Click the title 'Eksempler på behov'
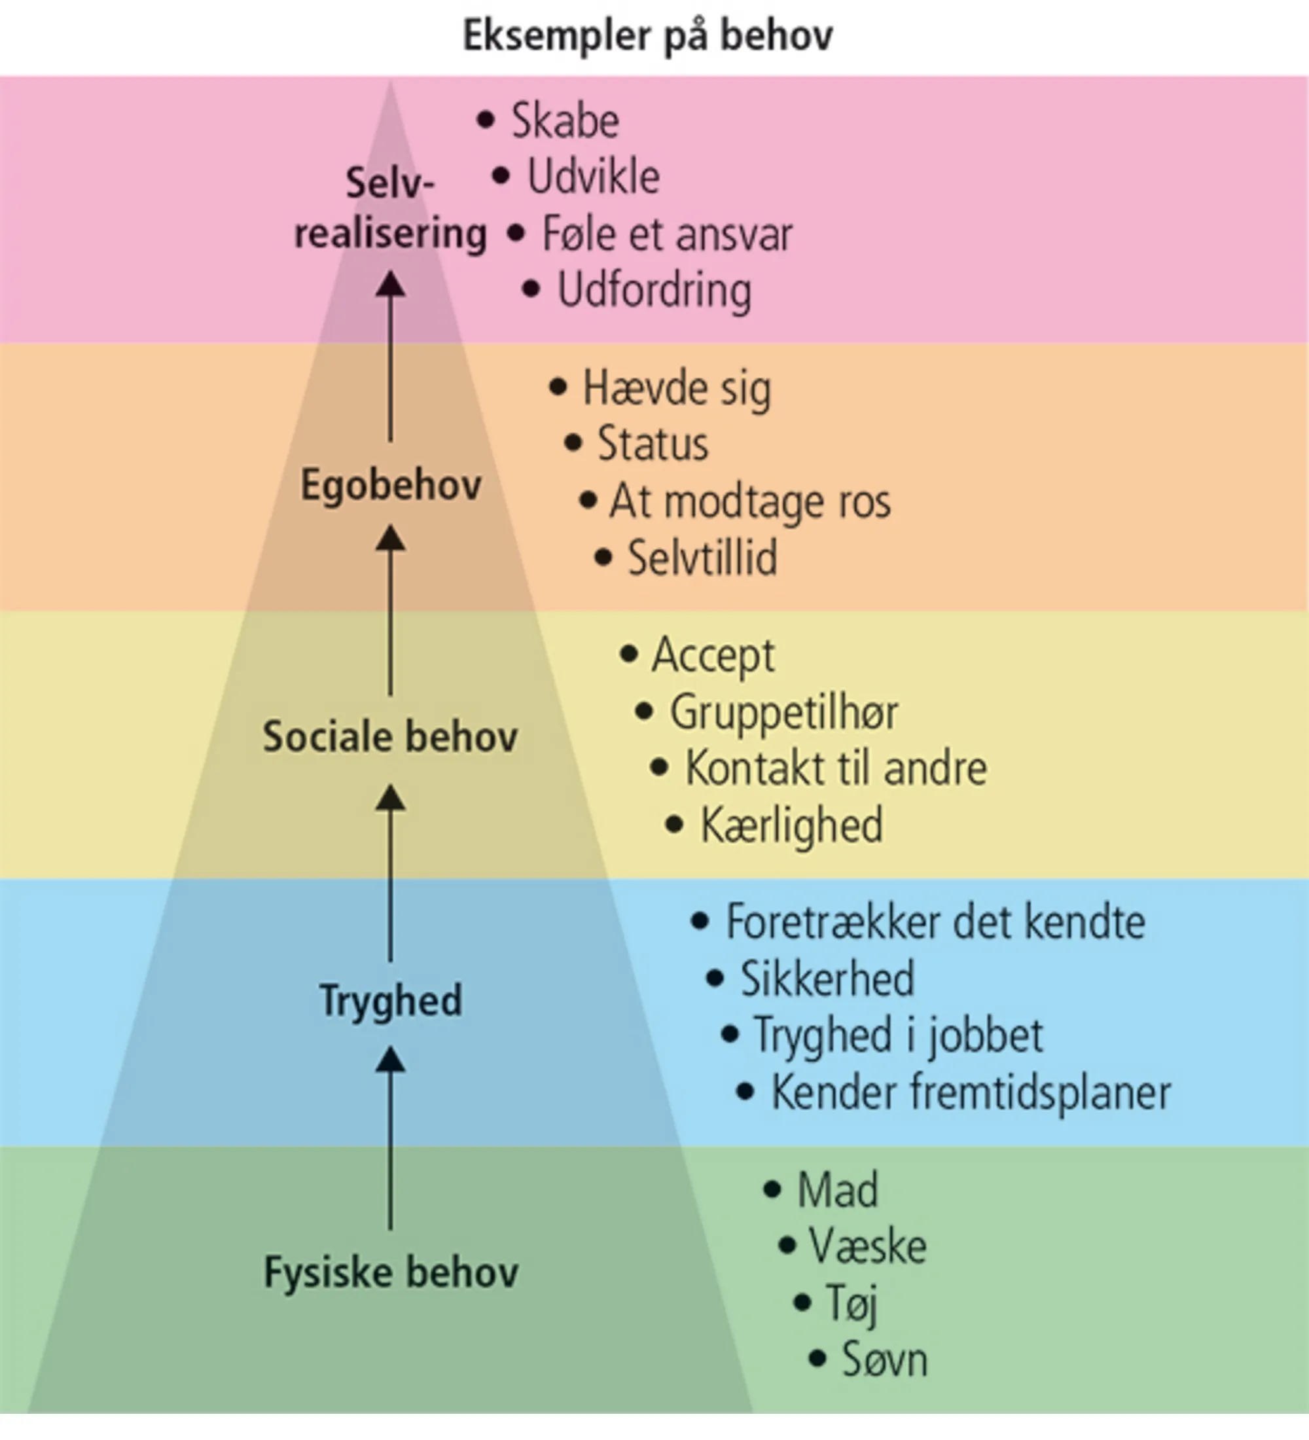pos(647,36)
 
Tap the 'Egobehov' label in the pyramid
pos(391,485)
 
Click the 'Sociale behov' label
pos(390,736)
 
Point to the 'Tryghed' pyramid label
pos(391,999)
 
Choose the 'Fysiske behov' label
pos(391,1272)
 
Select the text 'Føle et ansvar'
pos(667,234)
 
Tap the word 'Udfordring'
pos(653,291)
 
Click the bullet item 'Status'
pos(652,444)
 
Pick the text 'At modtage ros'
pos(750,501)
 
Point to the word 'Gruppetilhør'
pos(783,712)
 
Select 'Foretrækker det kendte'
pos(935,922)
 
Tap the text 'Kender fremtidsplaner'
pos(971,1092)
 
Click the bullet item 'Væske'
pos(867,1246)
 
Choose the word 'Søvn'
pos(884,1359)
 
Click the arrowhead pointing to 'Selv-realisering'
pos(390,284)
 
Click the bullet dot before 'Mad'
pos(772,1189)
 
